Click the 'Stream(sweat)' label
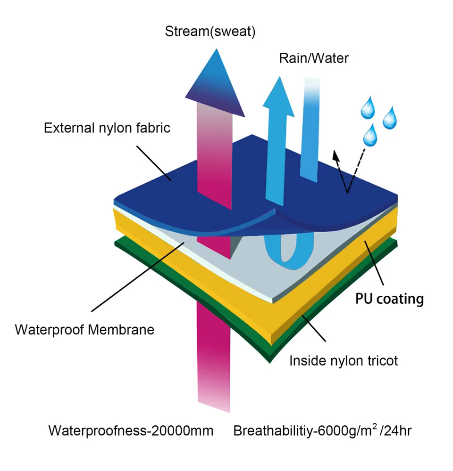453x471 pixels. (210, 32)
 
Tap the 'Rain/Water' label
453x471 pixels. (314, 58)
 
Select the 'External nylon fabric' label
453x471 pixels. (107, 128)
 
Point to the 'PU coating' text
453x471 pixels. (389, 299)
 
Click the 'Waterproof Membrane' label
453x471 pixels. (84, 329)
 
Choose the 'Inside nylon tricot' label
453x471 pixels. (344, 361)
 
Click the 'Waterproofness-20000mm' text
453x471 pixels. (131, 430)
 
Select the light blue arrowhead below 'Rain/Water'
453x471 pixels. (277, 92)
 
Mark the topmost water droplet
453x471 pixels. (367, 109)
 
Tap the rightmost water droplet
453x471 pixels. (390, 118)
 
